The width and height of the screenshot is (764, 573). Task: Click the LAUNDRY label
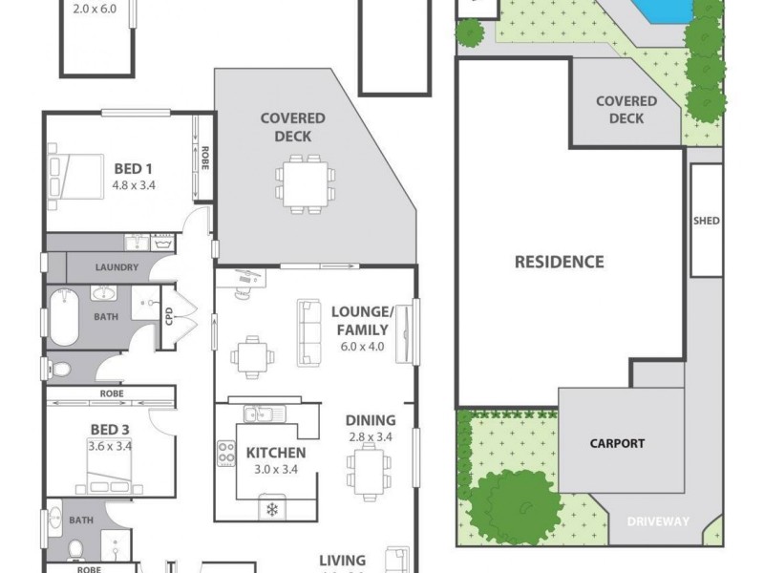point(117,267)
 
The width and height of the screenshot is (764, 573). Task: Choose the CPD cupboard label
point(168,316)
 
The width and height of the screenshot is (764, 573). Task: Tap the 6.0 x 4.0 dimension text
point(362,347)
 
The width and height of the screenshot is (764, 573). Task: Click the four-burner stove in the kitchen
point(227,454)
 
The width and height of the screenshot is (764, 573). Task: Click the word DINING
point(371,419)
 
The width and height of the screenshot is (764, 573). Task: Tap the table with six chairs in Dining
point(368,472)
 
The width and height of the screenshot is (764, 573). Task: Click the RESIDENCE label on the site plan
point(559,261)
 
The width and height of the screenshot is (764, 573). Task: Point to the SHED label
point(707,221)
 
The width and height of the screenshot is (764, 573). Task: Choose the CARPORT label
point(616,443)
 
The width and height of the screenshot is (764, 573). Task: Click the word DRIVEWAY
point(657,521)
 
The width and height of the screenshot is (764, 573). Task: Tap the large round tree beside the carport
point(517,506)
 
